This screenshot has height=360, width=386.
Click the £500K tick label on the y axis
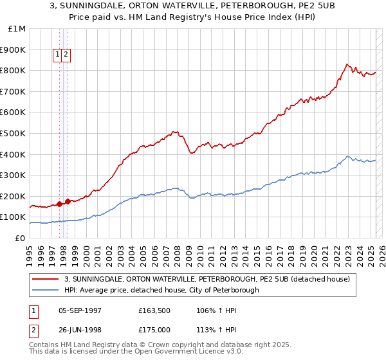pos(13,133)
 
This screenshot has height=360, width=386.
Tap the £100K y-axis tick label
pos(13,217)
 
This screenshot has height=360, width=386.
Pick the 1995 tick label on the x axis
pos(30,250)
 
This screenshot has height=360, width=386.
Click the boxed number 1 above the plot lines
pos(58,55)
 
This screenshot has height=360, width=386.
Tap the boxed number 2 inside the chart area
pos(66,55)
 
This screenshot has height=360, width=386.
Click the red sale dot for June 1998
pos(68,201)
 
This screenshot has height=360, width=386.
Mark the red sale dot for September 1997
pos(59,204)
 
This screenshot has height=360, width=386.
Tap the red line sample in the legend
pos(46,279)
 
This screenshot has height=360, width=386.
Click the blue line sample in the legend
pos(46,290)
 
